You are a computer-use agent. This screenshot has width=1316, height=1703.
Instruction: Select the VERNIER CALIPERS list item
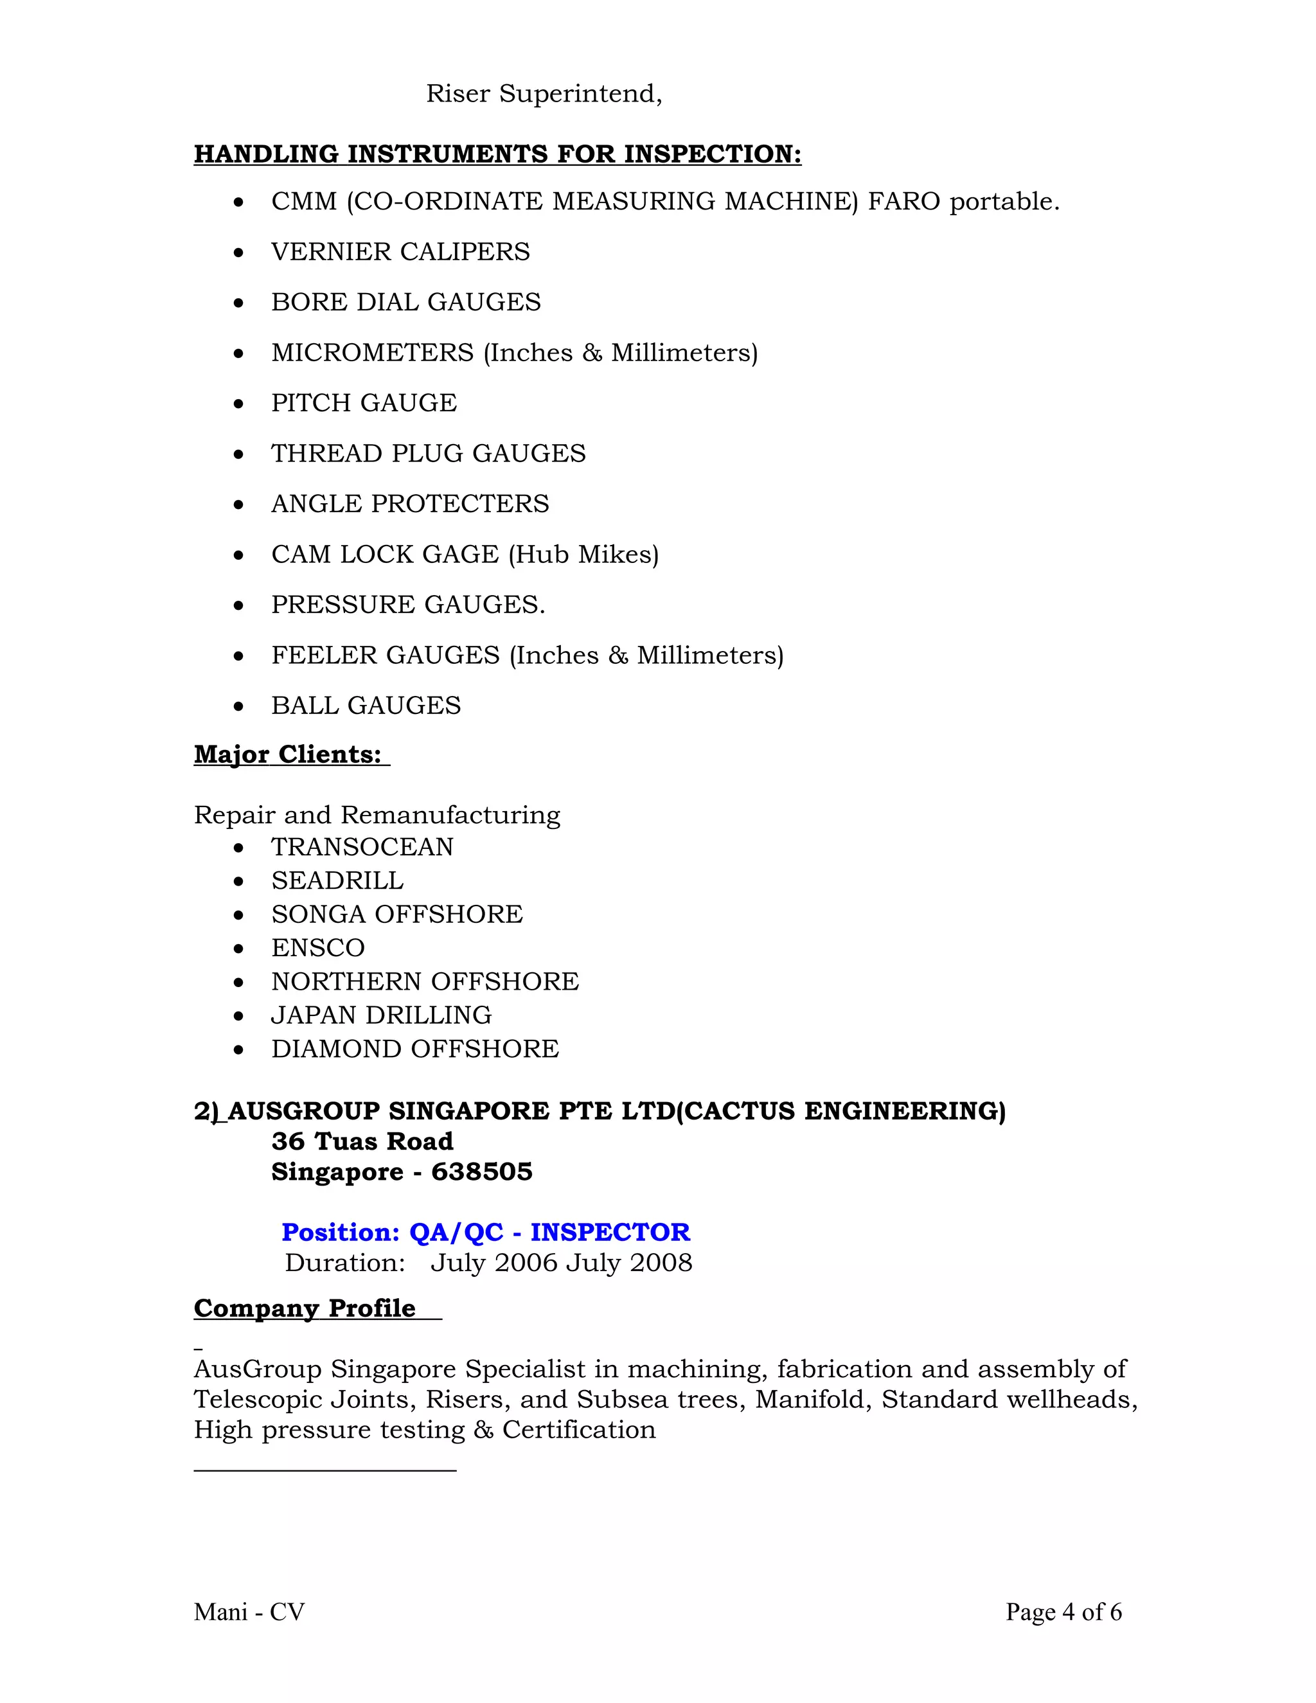pos(400,252)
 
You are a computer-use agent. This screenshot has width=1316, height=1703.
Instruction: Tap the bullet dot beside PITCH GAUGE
pos(238,404)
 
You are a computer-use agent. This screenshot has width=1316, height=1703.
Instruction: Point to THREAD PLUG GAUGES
pos(428,454)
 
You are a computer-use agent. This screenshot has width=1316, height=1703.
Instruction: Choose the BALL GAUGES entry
pos(366,706)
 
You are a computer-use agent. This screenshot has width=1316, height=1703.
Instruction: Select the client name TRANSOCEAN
pos(362,847)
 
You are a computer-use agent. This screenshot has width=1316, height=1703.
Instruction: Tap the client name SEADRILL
pos(337,881)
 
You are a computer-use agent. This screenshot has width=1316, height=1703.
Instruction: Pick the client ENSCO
pos(317,948)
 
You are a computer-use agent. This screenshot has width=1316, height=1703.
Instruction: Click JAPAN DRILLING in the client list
pos(381,1015)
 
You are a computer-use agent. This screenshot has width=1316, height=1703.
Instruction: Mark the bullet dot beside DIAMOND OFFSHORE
pos(238,1050)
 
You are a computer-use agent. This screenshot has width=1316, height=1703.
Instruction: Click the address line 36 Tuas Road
pos(362,1141)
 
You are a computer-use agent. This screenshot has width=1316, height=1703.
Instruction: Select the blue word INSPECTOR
pos(610,1233)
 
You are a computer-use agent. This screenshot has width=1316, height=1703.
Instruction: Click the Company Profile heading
pos(304,1308)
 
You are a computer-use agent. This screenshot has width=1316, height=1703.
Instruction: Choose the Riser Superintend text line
pos(544,94)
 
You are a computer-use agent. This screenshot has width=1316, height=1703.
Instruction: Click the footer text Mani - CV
pos(249,1612)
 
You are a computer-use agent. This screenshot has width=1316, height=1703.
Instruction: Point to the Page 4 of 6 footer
pos(1063,1612)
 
